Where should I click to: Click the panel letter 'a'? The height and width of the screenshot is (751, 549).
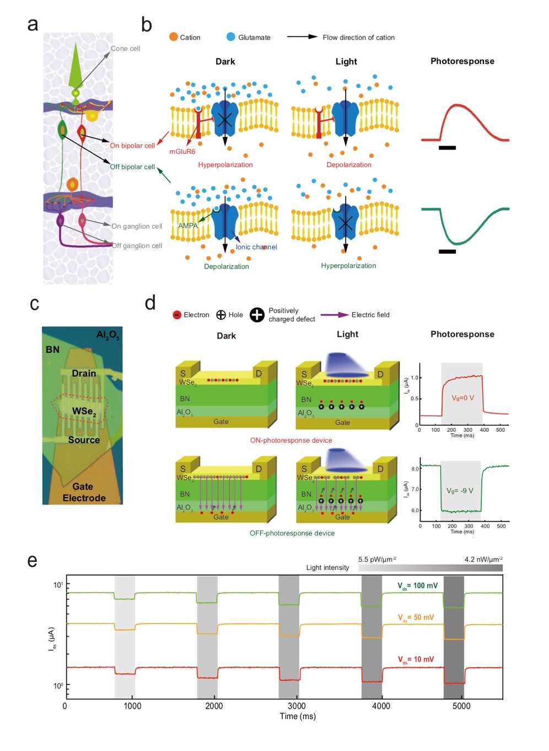pos(33,25)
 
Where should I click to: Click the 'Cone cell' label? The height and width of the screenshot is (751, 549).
pos(125,49)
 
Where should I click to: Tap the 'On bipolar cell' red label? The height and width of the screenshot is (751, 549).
pos(132,146)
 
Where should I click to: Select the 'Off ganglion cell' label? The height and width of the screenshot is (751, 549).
pos(137,246)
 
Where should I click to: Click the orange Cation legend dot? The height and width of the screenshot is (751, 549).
pos(174,37)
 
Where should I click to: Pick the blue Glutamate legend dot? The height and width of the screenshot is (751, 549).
pos(231,37)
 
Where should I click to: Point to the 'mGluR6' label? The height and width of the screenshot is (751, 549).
pos(182,152)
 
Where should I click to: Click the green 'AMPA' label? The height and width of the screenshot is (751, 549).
pos(187,226)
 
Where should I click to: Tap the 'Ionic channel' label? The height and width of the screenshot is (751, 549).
pos(256,247)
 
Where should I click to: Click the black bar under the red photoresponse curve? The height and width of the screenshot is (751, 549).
pos(447,148)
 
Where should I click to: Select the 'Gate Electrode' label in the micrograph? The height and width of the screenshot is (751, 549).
pos(84,492)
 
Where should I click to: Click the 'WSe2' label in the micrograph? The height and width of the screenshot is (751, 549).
pos(84,411)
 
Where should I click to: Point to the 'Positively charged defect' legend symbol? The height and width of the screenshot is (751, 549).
pos(257,315)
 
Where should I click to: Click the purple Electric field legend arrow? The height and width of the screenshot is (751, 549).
pos(334,315)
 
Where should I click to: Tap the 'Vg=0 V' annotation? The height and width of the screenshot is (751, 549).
pos(462,398)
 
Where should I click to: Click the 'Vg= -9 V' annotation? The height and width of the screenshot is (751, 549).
pos(460,491)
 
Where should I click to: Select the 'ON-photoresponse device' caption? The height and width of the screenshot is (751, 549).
pos(291,441)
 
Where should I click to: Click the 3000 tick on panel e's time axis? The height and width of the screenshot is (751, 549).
pos(297,706)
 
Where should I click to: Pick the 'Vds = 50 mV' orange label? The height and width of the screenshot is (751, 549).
pos(416,618)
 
